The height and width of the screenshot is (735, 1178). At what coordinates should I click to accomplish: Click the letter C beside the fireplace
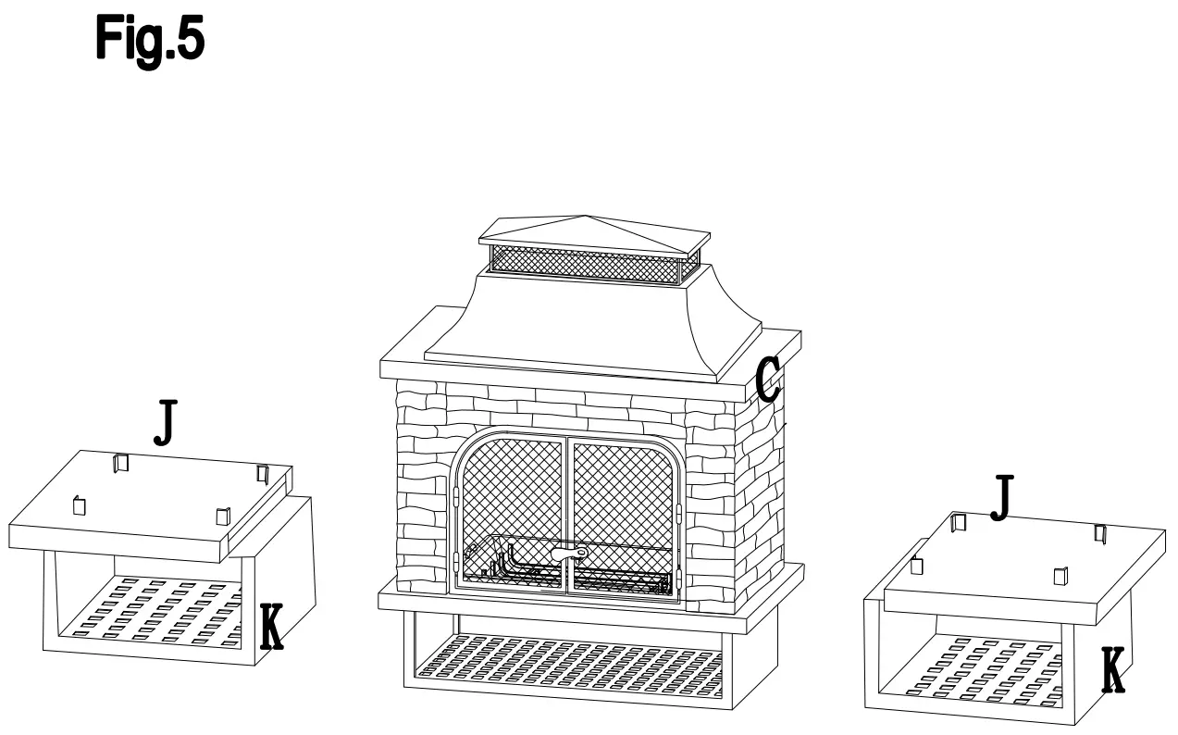tap(768, 380)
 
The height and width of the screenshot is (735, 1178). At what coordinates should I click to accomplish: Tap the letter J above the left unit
tap(165, 424)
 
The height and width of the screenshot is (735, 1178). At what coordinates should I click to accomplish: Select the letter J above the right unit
tap(1001, 497)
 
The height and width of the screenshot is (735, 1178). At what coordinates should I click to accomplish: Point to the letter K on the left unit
tap(270, 627)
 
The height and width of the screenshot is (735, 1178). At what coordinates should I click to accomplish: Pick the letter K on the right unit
tap(1114, 671)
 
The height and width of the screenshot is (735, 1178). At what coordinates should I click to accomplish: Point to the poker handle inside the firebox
tap(568, 554)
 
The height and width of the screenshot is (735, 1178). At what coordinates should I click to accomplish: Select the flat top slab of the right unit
tap(1018, 565)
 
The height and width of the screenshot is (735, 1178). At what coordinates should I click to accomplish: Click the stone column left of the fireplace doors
tap(422, 491)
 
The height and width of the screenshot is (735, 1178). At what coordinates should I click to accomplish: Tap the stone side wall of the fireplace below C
tap(759, 491)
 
